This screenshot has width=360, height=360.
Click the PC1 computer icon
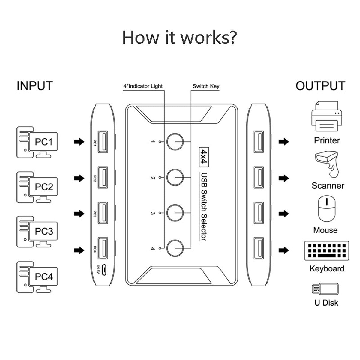pos(37,142)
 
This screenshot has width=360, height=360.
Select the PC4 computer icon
pos(37,277)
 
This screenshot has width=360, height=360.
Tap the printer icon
pos(327,117)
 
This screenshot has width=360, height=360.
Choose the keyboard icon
pos(326,250)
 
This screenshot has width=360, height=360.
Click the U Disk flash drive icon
pos(325,289)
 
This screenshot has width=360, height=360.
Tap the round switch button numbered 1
pos(175,141)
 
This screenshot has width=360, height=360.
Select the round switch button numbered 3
pos(175,213)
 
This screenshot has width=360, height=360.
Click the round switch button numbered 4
pos(175,248)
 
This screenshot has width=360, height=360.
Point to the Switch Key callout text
pos(206,86)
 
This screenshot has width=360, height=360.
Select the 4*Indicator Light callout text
pos(143,86)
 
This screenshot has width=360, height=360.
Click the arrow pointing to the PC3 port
pos(79,214)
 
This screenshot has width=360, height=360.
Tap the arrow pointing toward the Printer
pos(283,142)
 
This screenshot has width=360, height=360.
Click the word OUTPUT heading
pos(320,86)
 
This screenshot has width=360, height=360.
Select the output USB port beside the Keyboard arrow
pos(258,248)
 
